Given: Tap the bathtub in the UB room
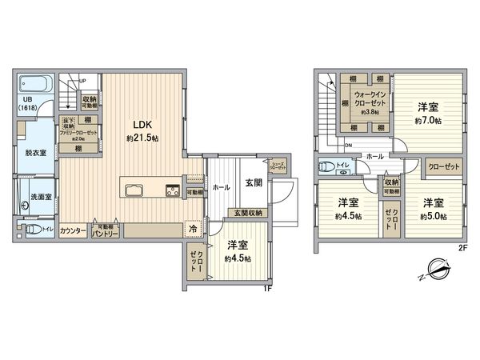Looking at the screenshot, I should (33, 83).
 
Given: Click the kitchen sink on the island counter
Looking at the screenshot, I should (133, 190).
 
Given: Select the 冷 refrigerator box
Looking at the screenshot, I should (192, 227).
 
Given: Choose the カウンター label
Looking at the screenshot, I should (73, 229).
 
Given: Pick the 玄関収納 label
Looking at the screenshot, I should (247, 213).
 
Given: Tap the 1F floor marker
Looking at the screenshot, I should (268, 288).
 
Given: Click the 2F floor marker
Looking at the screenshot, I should (462, 247).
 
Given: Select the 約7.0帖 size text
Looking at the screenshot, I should (429, 120).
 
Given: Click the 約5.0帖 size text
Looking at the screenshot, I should (435, 215).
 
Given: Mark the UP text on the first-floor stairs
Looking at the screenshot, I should (83, 79).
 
